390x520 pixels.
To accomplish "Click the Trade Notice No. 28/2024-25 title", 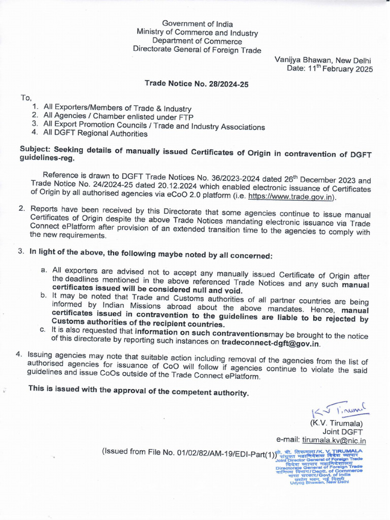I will (197, 84).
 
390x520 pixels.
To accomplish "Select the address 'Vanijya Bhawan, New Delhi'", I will (323, 59).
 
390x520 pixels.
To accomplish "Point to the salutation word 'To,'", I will (26, 97).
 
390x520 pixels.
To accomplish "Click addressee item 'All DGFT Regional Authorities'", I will (95, 134).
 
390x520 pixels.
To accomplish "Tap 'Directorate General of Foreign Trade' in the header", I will (197, 50).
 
